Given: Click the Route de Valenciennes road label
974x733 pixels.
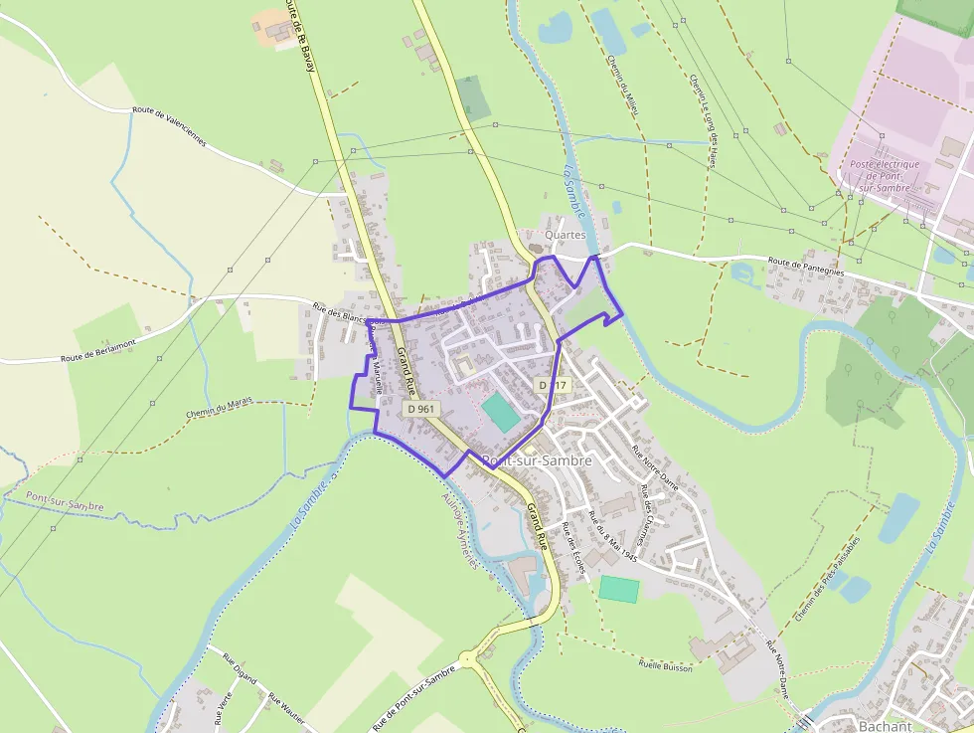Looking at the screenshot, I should point(169,126).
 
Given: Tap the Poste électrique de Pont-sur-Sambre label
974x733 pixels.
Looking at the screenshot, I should point(885,175).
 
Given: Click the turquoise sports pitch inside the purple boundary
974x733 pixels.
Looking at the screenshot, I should point(500,412).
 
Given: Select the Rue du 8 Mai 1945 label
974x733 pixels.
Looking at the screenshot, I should point(612,538).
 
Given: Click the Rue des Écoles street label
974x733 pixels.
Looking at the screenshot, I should point(572,547).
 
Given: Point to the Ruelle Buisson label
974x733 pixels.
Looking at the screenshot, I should point(666,665).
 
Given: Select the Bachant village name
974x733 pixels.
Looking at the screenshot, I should point(885,726).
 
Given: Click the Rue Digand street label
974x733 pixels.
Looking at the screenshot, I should point(240,668).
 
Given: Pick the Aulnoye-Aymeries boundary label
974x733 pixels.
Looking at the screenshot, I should point(459,532).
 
